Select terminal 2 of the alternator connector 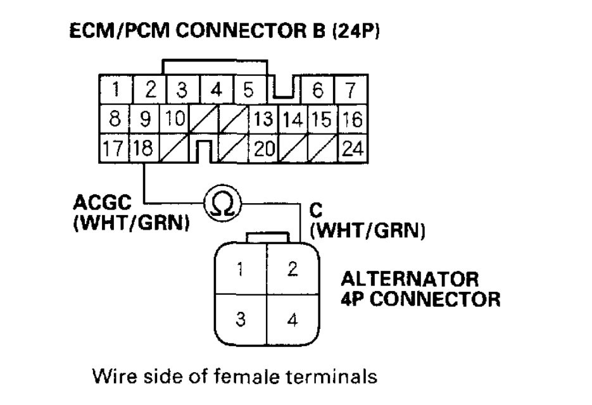point(292,270)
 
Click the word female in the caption point(255,378)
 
